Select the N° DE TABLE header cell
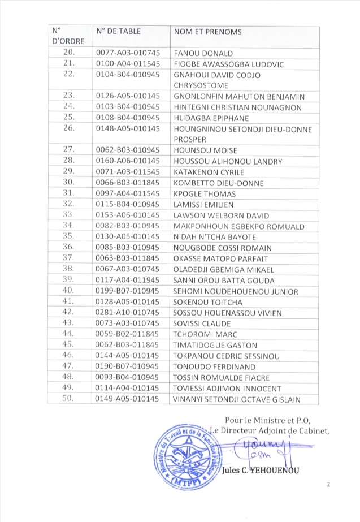119,32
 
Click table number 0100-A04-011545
129,64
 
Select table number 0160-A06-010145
129,162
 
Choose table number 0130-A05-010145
129,237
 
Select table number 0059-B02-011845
129,334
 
